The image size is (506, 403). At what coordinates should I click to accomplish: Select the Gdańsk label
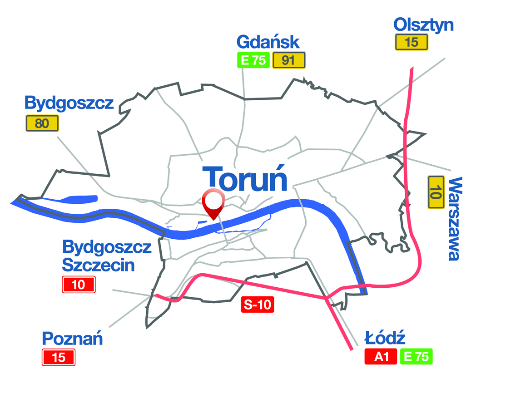(268, 42)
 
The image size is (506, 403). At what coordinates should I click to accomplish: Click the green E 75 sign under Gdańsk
(253, 60)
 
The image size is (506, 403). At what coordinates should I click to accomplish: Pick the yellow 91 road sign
(288, 60)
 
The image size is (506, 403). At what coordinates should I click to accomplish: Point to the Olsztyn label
(423, 25)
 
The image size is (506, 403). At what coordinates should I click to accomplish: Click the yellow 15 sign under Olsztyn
(411, 43)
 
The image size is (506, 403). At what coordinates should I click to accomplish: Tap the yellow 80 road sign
(42, 123)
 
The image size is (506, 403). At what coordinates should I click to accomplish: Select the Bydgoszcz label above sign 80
(69, 103)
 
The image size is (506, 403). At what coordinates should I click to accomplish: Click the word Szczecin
(99, 265)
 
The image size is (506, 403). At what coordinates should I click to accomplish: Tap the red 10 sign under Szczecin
(79, 285)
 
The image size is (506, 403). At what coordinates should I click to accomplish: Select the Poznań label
(73, 339)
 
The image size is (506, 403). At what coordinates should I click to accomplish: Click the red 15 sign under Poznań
(59, 358)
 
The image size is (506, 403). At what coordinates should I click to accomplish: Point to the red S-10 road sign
(257, 305)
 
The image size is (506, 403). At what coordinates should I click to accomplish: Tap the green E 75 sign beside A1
(416, 357)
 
